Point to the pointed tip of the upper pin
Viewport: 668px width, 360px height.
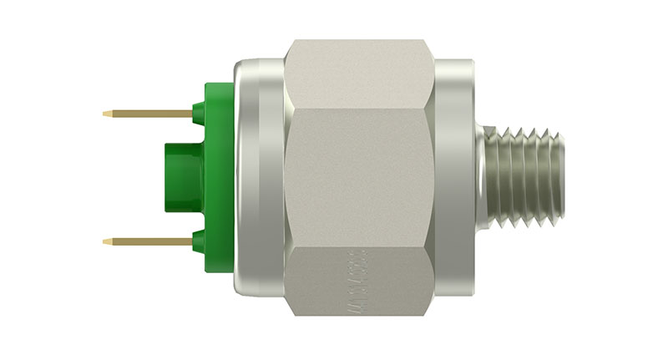point(106,114)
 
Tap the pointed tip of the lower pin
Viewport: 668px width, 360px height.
point(106,241)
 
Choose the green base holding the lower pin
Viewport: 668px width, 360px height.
point(200,241)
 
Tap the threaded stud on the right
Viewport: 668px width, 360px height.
point(522,176)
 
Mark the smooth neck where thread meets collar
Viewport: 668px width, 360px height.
point(482,176)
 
